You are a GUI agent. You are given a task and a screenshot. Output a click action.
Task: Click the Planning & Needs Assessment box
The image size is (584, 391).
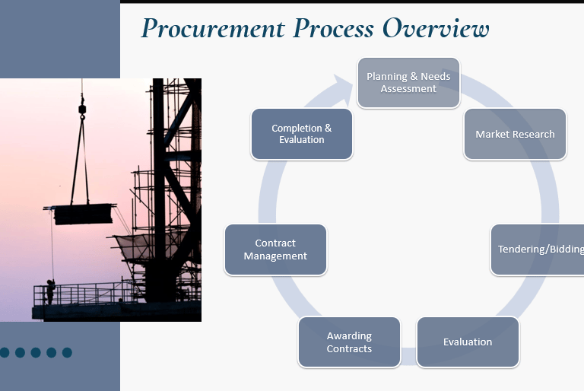click(x=408, y=82)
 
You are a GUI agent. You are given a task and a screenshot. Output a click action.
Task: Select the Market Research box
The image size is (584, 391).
click(x=515, y=134)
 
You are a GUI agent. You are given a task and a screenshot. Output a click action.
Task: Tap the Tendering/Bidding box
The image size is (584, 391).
click(x=538, y=250)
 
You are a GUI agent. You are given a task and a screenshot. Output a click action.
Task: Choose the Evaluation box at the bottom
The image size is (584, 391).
click(x=468, y=342)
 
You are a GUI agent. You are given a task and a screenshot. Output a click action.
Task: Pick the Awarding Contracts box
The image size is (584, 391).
click(x=349, y=342)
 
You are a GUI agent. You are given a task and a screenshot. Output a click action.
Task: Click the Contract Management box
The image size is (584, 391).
click(x=275, y=250)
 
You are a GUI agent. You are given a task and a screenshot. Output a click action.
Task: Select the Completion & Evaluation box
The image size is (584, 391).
click(x=302, y=134)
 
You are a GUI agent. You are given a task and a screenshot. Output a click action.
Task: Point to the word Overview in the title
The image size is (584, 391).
click(x=435, y=29)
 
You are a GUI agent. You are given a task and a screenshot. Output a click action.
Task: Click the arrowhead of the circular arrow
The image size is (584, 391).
click(x=344, y=85)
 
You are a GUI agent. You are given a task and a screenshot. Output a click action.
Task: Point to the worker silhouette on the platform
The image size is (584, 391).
click(x=50, y=291)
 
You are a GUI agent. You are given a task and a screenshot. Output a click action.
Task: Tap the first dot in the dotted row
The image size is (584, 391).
click(x=5, y=352)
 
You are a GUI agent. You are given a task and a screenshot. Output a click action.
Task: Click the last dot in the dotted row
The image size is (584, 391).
click(x=67, y=352)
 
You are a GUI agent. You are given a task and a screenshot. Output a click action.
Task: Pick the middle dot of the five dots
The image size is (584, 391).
click(x=36, y=352)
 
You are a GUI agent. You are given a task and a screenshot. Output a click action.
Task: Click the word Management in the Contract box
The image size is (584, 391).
click(x=275, y=256)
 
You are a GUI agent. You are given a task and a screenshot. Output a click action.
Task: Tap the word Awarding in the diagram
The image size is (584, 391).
click(x=349, y=335)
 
